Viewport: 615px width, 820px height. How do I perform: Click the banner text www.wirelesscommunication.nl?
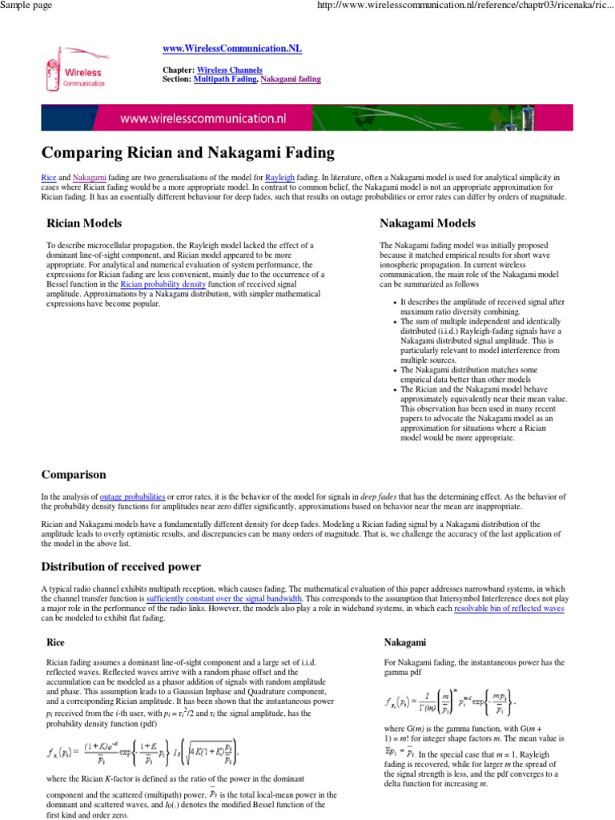click(x=203, y=119)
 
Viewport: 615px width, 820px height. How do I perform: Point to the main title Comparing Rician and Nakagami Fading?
click(x=176, y=152)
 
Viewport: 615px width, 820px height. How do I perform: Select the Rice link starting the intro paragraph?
click(x=48, y=175)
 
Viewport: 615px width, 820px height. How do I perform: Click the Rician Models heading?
click(x=84, y=223)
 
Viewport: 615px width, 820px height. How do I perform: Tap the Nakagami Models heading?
click(x=428, y=223)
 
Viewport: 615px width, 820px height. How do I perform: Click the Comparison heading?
click(x=73, y=475)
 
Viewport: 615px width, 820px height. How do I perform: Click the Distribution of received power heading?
click(x=121, y=567)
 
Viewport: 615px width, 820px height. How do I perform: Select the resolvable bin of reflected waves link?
click(x=509, y=609)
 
